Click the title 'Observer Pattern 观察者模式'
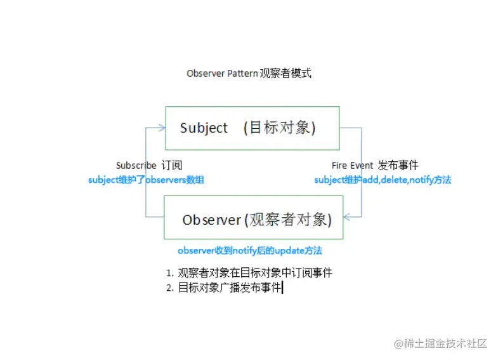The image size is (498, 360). (249, 74)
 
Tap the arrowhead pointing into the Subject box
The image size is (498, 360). (162, 128)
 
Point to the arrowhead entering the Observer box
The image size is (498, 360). (347, 217)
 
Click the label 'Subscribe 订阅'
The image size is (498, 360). (149, 165)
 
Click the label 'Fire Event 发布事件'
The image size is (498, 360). (375, 165)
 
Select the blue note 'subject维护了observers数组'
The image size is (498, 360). (146, 180)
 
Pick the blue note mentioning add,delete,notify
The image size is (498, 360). (383, 180)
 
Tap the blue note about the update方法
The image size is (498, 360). (250, 250)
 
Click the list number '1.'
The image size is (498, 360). (170, 273)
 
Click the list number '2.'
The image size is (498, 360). (170, 288)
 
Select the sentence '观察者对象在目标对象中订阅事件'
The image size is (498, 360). (255, 272)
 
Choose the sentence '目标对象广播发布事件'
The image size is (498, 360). (230, 288)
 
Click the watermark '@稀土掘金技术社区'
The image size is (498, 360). (440, 343)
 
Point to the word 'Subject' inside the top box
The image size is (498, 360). (204, 128)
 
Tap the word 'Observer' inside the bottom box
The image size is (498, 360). (211, 220)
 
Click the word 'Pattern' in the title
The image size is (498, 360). (242, 74)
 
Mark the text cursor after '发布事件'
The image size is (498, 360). (283, 288)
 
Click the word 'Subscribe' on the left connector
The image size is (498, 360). (136, 166)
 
